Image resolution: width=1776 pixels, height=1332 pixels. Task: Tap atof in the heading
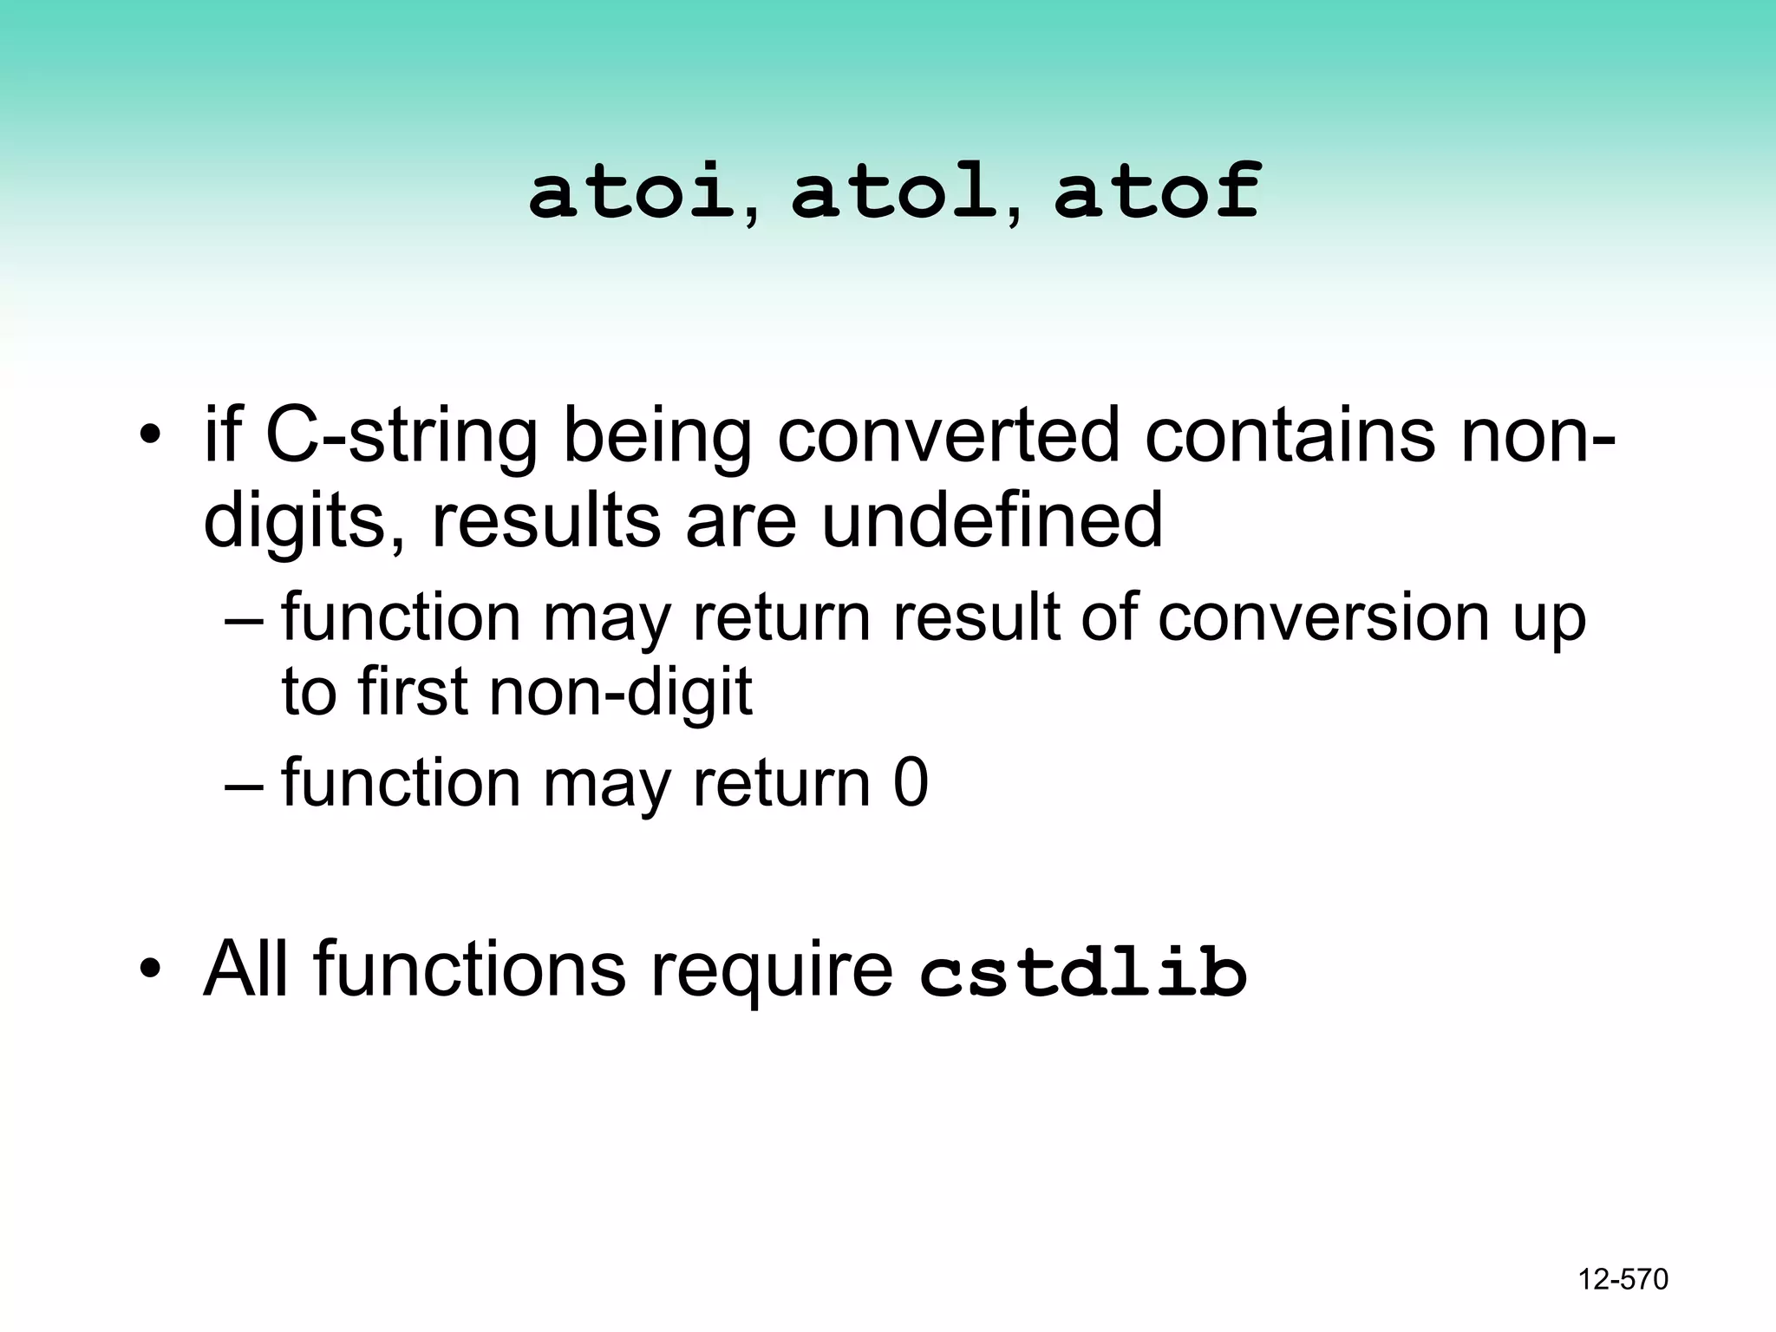(1157, 192)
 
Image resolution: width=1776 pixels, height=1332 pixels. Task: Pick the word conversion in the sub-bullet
(1322, 617)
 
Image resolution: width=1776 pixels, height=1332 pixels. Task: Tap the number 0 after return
(911, 783)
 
